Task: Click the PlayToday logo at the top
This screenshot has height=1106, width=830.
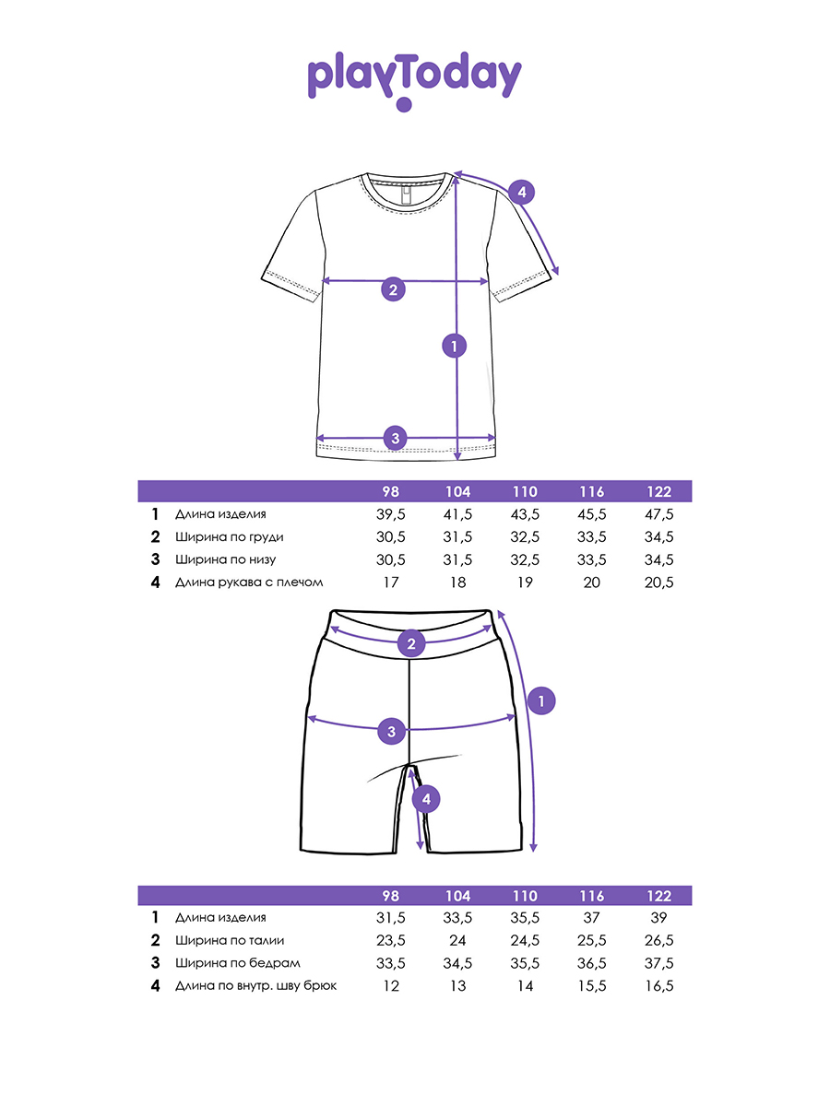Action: click(x=414, y=79)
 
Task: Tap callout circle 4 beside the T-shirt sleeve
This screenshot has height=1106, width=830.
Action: click(x=521, y=193)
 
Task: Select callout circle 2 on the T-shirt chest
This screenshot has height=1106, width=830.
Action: click(x=393, y=289)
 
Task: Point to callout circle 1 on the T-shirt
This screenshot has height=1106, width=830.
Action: click(x=455, y=347)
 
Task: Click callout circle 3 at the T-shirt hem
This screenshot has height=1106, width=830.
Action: click(x=395, y=438)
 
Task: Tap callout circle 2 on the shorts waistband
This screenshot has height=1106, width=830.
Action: click(x=411, y=642)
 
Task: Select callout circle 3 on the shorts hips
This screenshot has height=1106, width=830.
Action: click(x=392, y=732)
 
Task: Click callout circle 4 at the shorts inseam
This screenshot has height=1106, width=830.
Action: click(x=425, y=799)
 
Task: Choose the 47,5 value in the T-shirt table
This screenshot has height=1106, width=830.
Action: click(x=659, y=514)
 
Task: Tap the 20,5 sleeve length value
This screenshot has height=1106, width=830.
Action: click(x=659, y=582)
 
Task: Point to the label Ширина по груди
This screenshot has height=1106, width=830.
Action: click(x=230, y=537)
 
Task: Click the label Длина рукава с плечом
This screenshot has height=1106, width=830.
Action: click(x=249, y=582)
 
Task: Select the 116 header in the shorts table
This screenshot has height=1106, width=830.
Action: click(x=592, y=896)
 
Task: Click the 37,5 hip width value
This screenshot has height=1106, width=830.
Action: click(x=659, y=963)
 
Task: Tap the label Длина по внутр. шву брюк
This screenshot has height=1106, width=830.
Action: click(x=255, y=986)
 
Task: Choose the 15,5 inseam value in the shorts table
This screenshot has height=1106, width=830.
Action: click(x=592, y=986)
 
